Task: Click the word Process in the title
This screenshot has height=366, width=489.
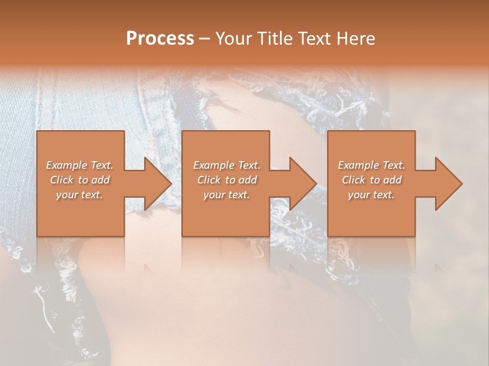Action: pos(160,39)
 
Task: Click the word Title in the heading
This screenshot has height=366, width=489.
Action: pos(273,39)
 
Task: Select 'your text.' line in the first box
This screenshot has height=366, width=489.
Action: pos(79,195)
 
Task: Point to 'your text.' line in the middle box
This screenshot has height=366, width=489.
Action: pos(227,195)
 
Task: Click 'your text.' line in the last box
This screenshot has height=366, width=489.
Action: pos(371,195)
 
